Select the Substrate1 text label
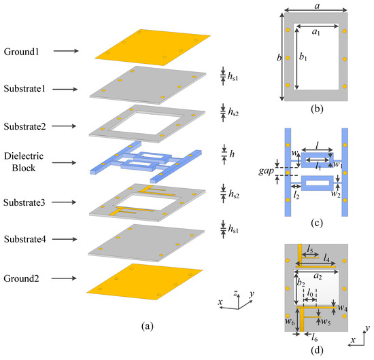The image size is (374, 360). click(x=27, y=89)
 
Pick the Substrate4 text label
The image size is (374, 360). click(x=27, y=238)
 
